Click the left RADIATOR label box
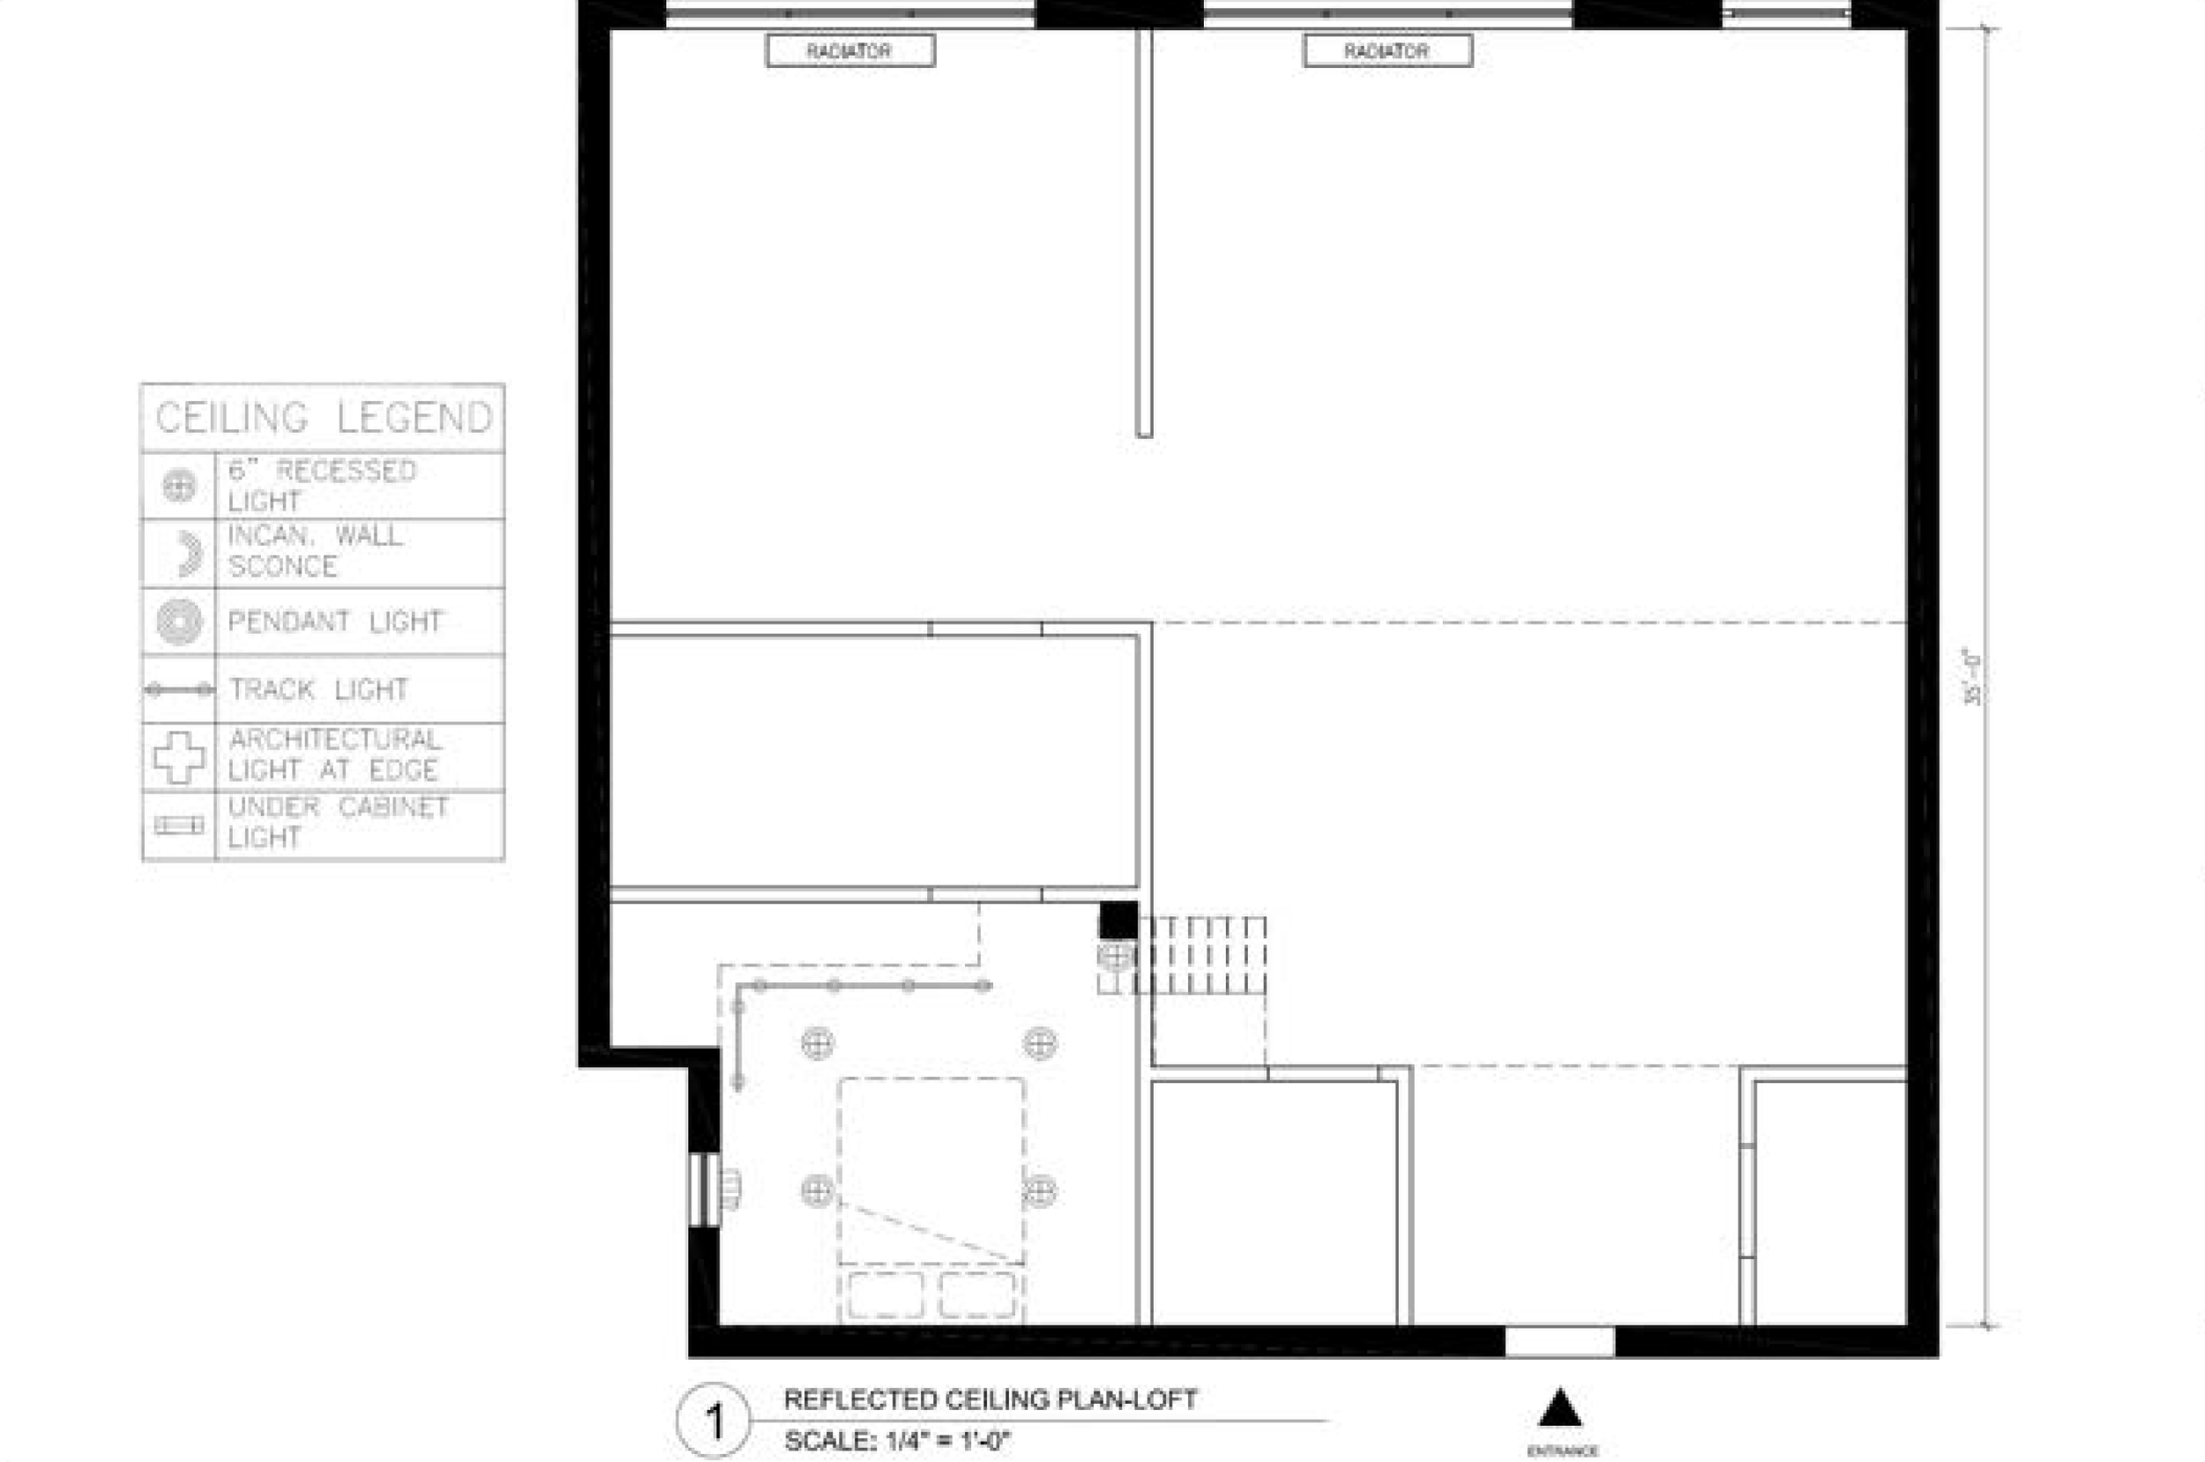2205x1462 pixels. pos(849,51)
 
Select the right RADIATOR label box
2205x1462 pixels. pos(1387,51)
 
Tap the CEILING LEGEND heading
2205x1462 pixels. pos(324,418)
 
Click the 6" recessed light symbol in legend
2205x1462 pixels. pos(179,486)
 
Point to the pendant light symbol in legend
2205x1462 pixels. pos(179,621)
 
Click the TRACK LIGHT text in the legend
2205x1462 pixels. pos(319,690)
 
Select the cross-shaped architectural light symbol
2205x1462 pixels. pos(179,757)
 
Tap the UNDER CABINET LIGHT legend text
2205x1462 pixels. pos(338,823)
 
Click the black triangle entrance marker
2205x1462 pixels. pos(1559,1409)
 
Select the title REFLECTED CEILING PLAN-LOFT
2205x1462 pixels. pos(990,1399)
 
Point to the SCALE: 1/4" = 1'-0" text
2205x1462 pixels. pos(897,1442)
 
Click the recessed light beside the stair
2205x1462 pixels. pos(1115,955)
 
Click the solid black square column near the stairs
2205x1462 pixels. pos(1117,921)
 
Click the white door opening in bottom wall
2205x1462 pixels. pos(1559,1343)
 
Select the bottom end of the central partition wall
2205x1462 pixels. pos(1144,431)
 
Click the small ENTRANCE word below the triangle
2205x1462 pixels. pos(1562,1451)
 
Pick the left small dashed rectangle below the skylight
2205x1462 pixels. pos(885,1295)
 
